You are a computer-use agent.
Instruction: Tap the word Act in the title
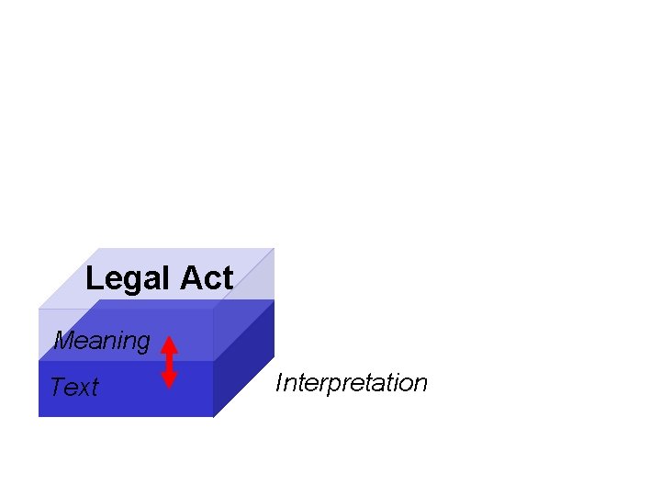(207, 277)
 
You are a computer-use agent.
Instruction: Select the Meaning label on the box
(102, 341)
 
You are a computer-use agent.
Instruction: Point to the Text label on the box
(73, 388)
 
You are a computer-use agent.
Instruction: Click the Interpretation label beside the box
(352, 383)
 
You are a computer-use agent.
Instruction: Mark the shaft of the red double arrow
(169, 362)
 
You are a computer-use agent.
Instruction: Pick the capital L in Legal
(94, 277)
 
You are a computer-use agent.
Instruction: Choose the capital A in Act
(190, 277)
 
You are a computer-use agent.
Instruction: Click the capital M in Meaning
(63, 341)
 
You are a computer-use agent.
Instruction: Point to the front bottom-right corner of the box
(213, 416)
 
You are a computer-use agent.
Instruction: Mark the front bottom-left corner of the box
(39, 416)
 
